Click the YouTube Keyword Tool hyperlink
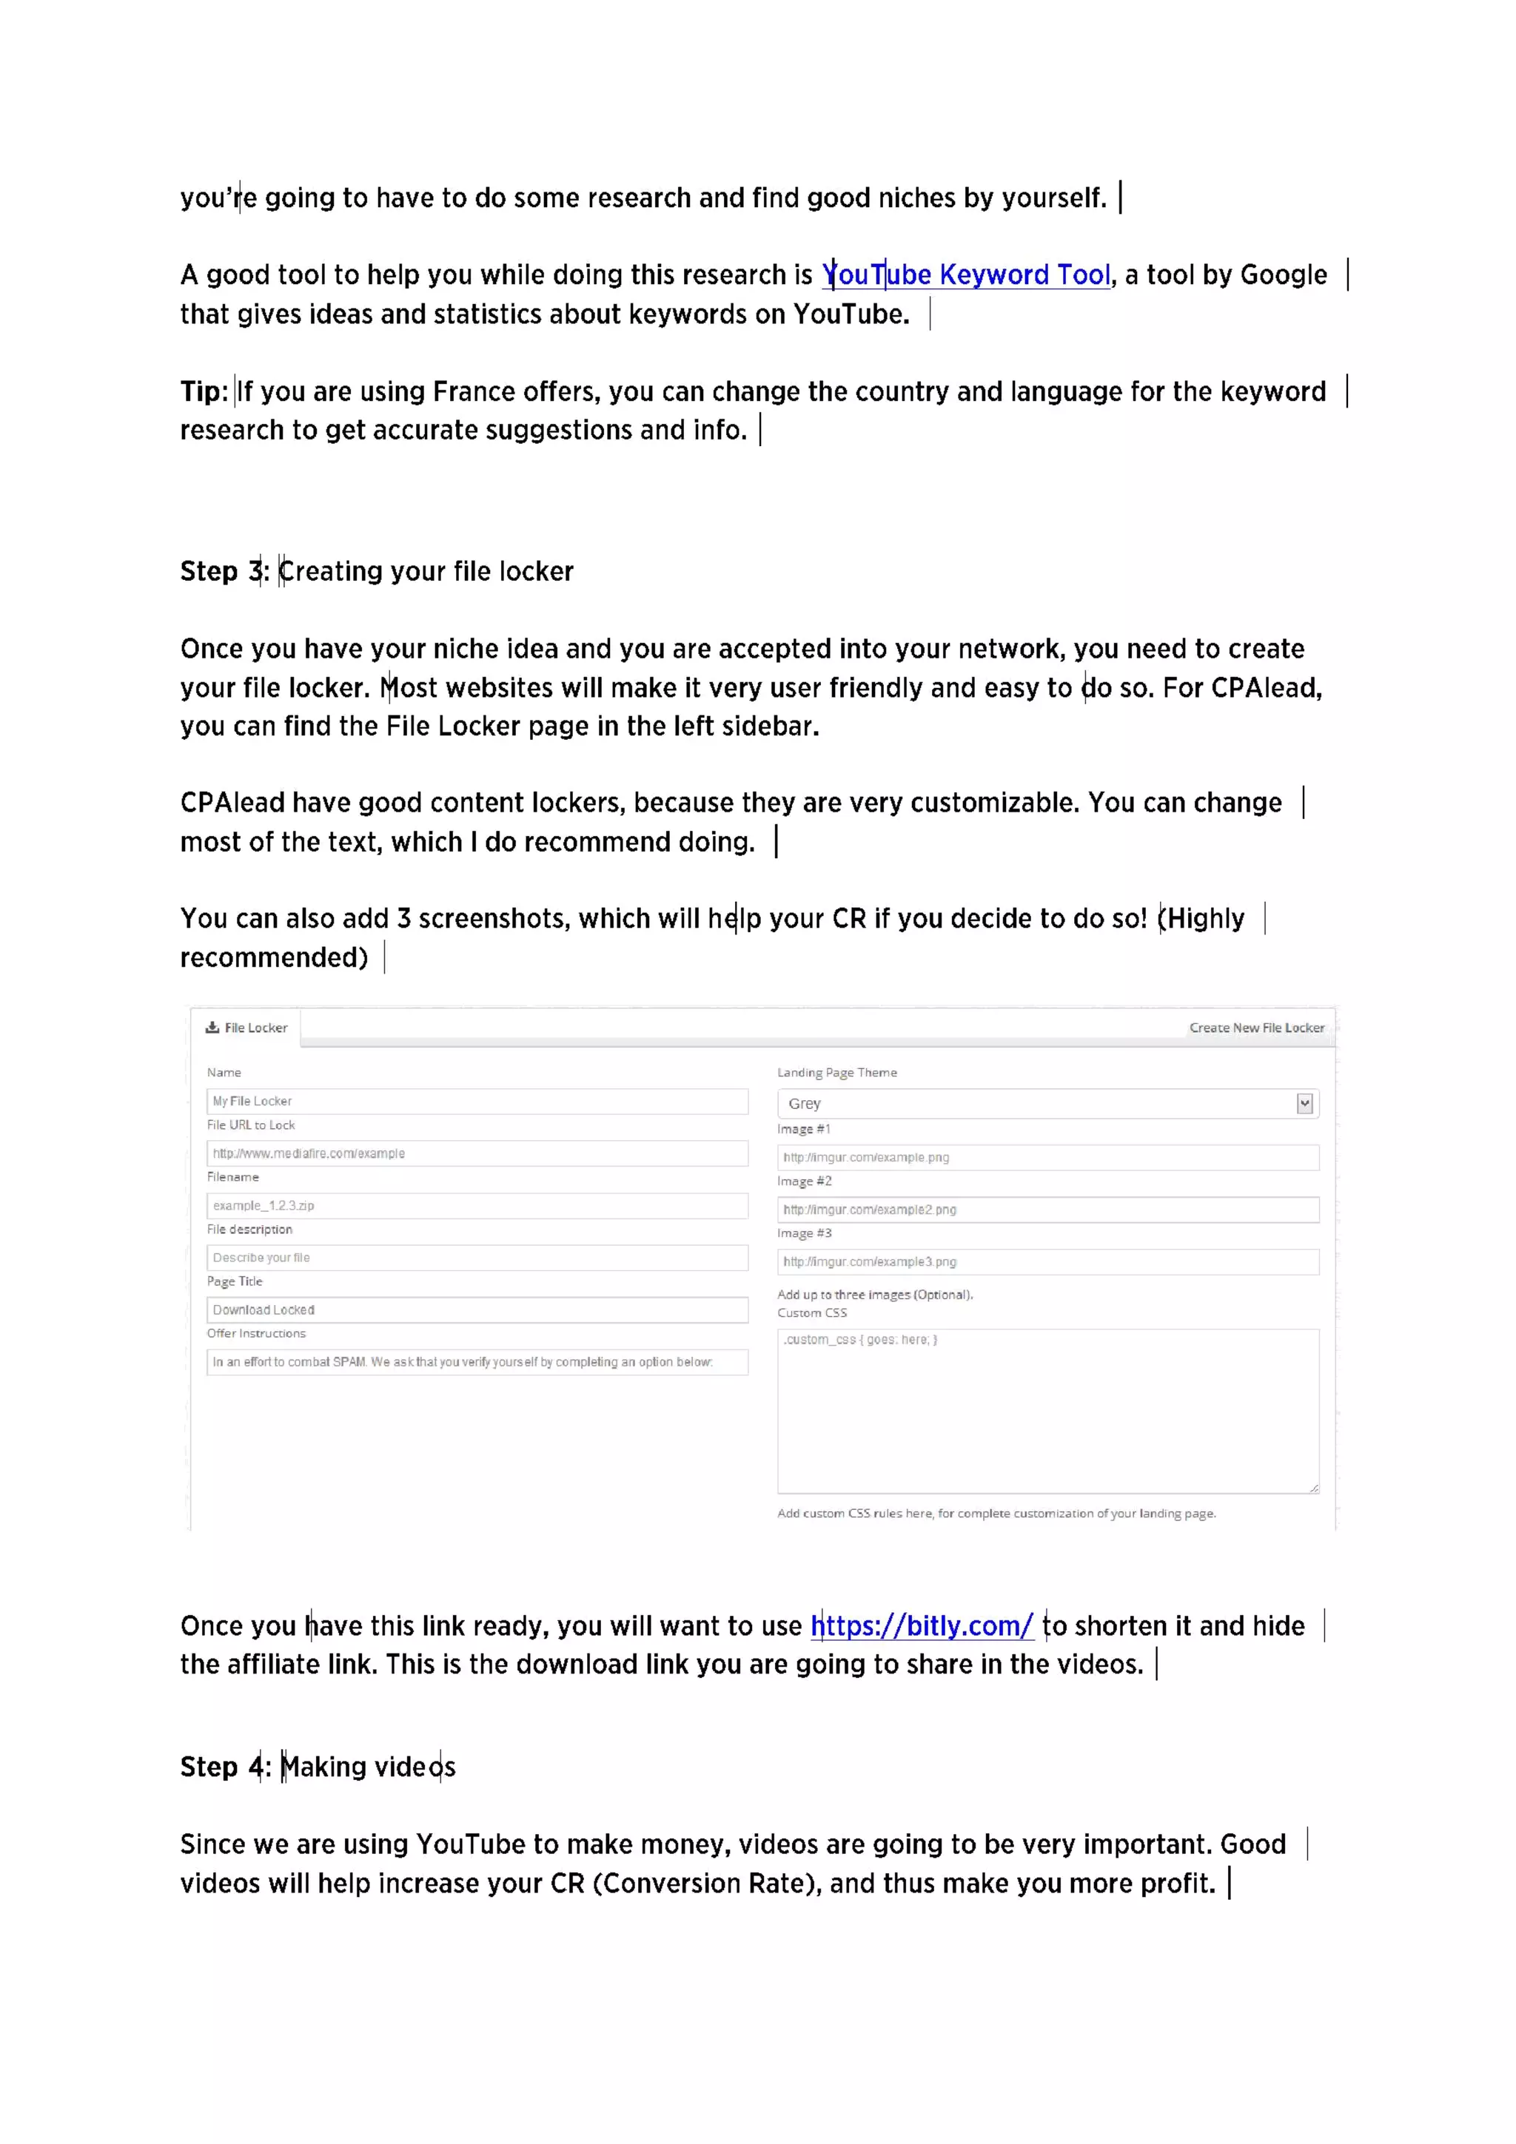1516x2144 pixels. [x=966, y=274]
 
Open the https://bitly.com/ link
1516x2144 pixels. [x=921, y=1625]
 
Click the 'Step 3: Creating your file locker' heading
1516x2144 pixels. [x=377, y=570]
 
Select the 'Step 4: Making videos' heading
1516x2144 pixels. [x=318, y=1767]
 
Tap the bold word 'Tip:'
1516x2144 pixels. [x=204, y=391]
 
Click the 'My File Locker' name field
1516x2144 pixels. [x=477, y=1101]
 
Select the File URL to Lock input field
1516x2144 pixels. [x=477, y=1153]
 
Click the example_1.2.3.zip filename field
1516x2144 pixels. [x=477, y=1205]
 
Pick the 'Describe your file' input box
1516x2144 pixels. [x=477, y=1258]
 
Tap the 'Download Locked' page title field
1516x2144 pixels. [x=477, y=1310]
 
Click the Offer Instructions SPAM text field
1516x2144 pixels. [x=477, y=1363]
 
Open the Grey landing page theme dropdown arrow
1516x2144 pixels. [x=1304, y=1104]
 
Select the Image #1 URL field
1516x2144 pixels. [x=1047, y=1157]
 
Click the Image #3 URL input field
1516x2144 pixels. [x=1047, y=1261]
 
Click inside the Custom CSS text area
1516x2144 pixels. [x=1047, y=1410]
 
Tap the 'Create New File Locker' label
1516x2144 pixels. [x=1255, y=1027]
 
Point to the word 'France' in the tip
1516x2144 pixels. [x=474, y=391]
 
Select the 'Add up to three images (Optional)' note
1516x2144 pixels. [x=874, y=1294]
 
